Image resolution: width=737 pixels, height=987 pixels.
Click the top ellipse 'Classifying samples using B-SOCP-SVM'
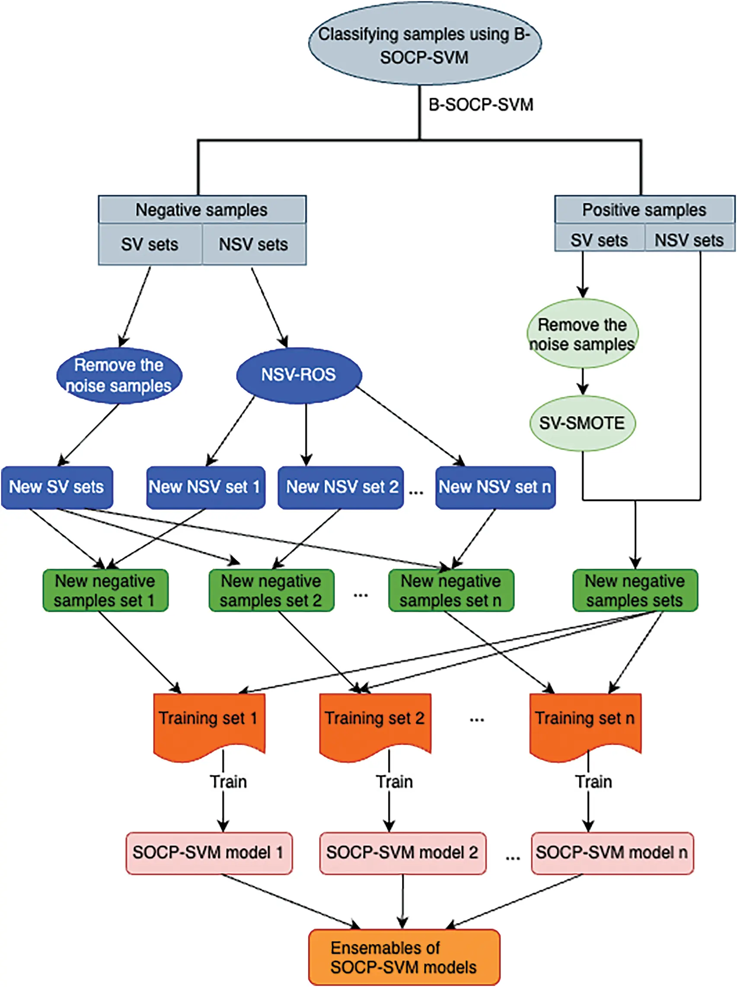click(x=424, y=45)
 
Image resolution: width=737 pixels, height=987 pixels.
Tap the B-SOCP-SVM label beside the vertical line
click(x=481, y=105)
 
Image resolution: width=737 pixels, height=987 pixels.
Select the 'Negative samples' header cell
click(x=201, y=210)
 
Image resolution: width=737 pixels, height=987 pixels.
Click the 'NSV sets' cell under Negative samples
click(x=253, y=244)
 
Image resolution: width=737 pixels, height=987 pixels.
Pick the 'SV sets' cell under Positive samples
click(x=599, y=240)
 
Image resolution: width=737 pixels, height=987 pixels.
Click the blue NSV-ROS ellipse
click(x=298, y=375)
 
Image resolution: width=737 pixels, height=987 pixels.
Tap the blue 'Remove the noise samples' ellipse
click(x=118, y=376)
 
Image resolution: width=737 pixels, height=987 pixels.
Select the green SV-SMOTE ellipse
click(x=582, y=423)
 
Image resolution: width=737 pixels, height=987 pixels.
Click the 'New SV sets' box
click(x=57, y=487)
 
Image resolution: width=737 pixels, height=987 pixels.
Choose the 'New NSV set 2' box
click(x=341, y=487)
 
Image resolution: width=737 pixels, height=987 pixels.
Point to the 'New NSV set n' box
click(x=495, y=487)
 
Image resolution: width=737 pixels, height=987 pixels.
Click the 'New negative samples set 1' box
click(x=105, y=590)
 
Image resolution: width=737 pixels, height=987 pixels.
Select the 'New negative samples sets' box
click(x=635, y=590)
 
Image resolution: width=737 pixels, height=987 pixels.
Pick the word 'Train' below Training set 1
click(x=228, y=782)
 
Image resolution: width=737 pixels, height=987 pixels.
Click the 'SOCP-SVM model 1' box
click(x=209, y=852)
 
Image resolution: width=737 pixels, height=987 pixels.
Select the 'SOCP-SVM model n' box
click(x=612, y=852)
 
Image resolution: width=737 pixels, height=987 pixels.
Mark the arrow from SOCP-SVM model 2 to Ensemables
click(x=403, y=901)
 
